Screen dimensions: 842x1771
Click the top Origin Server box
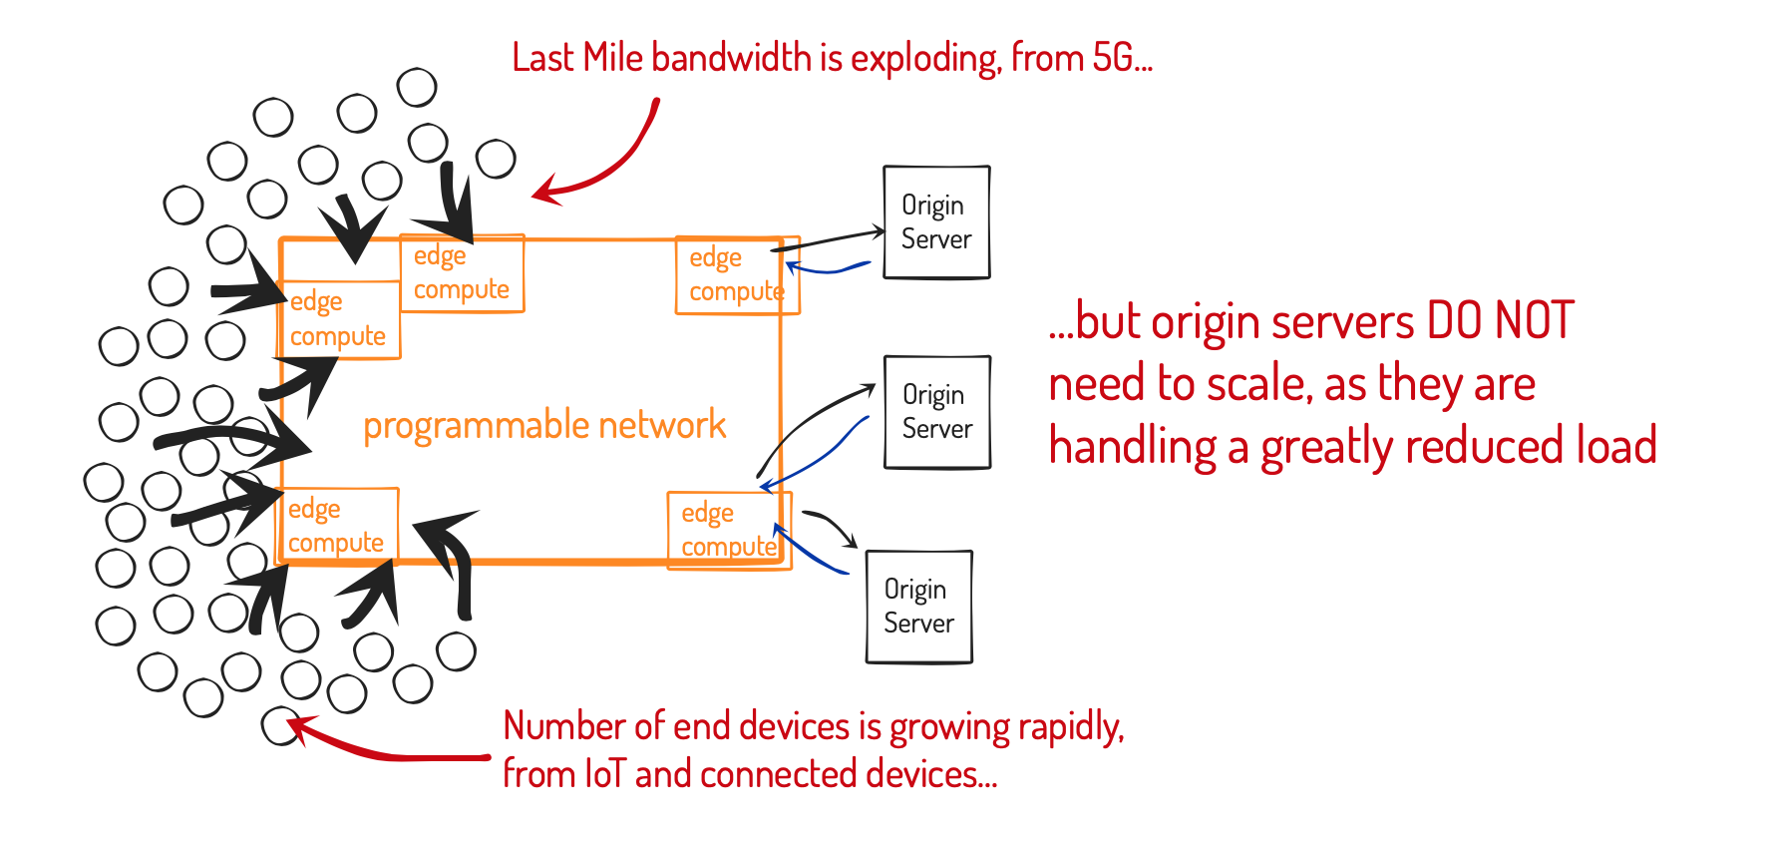point(935,222)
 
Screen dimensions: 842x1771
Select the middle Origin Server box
point(936,412)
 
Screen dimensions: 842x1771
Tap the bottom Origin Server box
point(918,607)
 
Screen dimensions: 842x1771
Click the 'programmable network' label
point(544,425)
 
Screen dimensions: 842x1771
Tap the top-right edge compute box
point(736,275)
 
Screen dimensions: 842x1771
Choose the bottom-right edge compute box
point(728,531)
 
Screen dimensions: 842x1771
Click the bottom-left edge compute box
point(336,526)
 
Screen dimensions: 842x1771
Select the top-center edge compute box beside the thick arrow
point(462,273)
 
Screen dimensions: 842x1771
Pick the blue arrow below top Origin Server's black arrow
point(828,268)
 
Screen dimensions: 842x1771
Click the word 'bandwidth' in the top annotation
point(731,58)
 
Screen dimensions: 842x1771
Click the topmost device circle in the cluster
point(417,88)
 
